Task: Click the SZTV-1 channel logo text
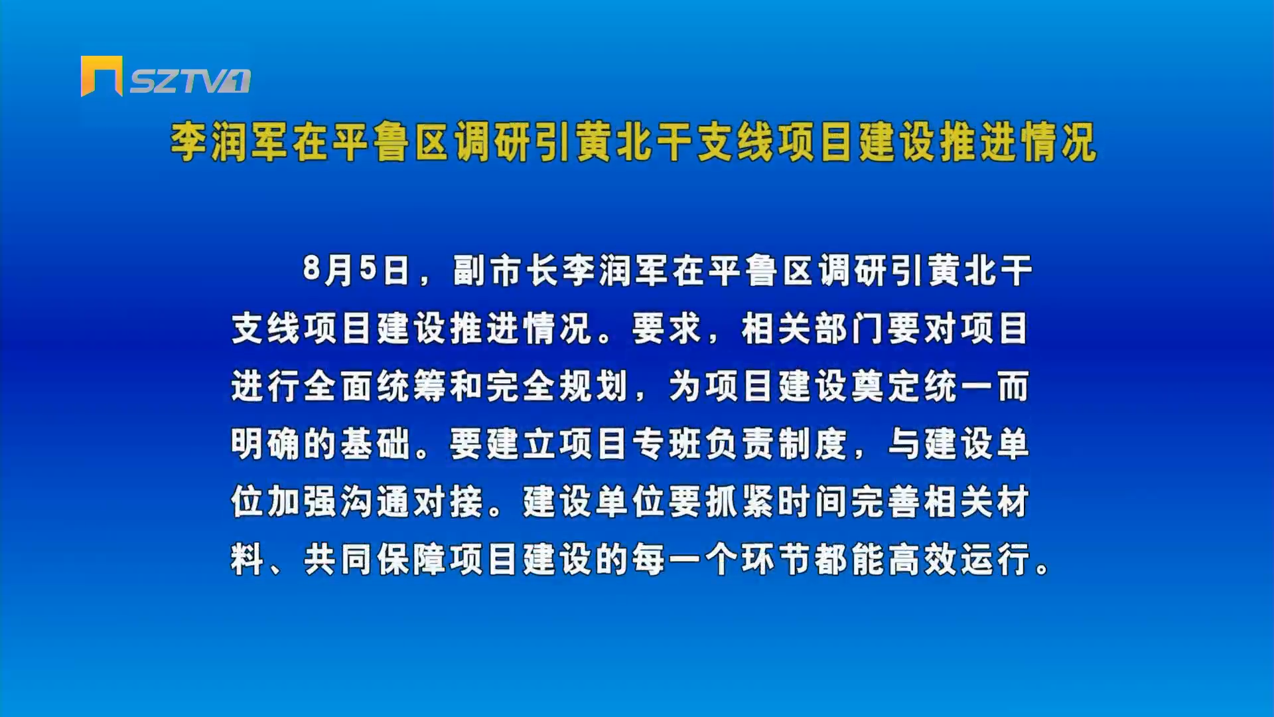[190, 81]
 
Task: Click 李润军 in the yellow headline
[230, 142]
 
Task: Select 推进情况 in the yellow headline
[1019, 142]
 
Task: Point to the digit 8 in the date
[311, 270]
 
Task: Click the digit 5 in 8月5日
[369, 270]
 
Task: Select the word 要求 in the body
[667, 328]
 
